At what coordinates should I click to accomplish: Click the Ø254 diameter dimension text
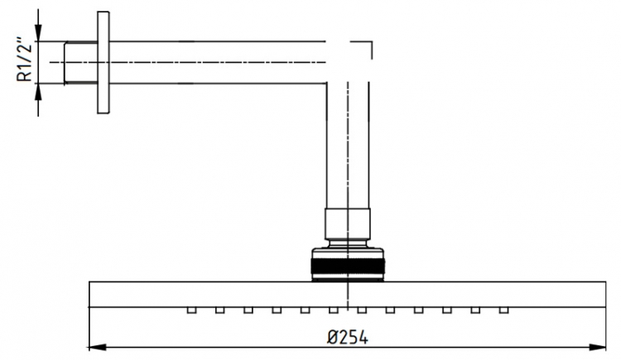348,338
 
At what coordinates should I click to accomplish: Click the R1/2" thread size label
24,60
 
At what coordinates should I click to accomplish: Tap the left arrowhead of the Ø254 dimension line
97,348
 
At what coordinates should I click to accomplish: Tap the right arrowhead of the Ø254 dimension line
597,348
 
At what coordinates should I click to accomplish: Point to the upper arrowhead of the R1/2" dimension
38,32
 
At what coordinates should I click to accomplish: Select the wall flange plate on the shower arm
103,63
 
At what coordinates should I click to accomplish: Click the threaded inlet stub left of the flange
81,62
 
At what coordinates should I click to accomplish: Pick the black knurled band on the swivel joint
348,266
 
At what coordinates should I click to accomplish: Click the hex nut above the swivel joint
348,224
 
